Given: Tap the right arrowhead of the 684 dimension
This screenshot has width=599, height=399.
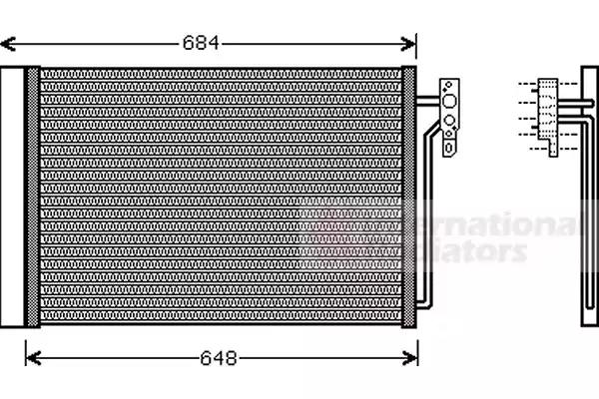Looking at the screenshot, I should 409,43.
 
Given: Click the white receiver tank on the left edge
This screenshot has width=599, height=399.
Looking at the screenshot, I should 12,196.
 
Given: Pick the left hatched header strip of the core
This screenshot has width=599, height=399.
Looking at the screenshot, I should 33,196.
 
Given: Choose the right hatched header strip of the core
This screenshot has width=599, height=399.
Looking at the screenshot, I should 408,196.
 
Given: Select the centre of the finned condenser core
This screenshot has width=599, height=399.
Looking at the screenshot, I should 220,196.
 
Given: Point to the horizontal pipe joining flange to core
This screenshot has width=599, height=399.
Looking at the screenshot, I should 427,100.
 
